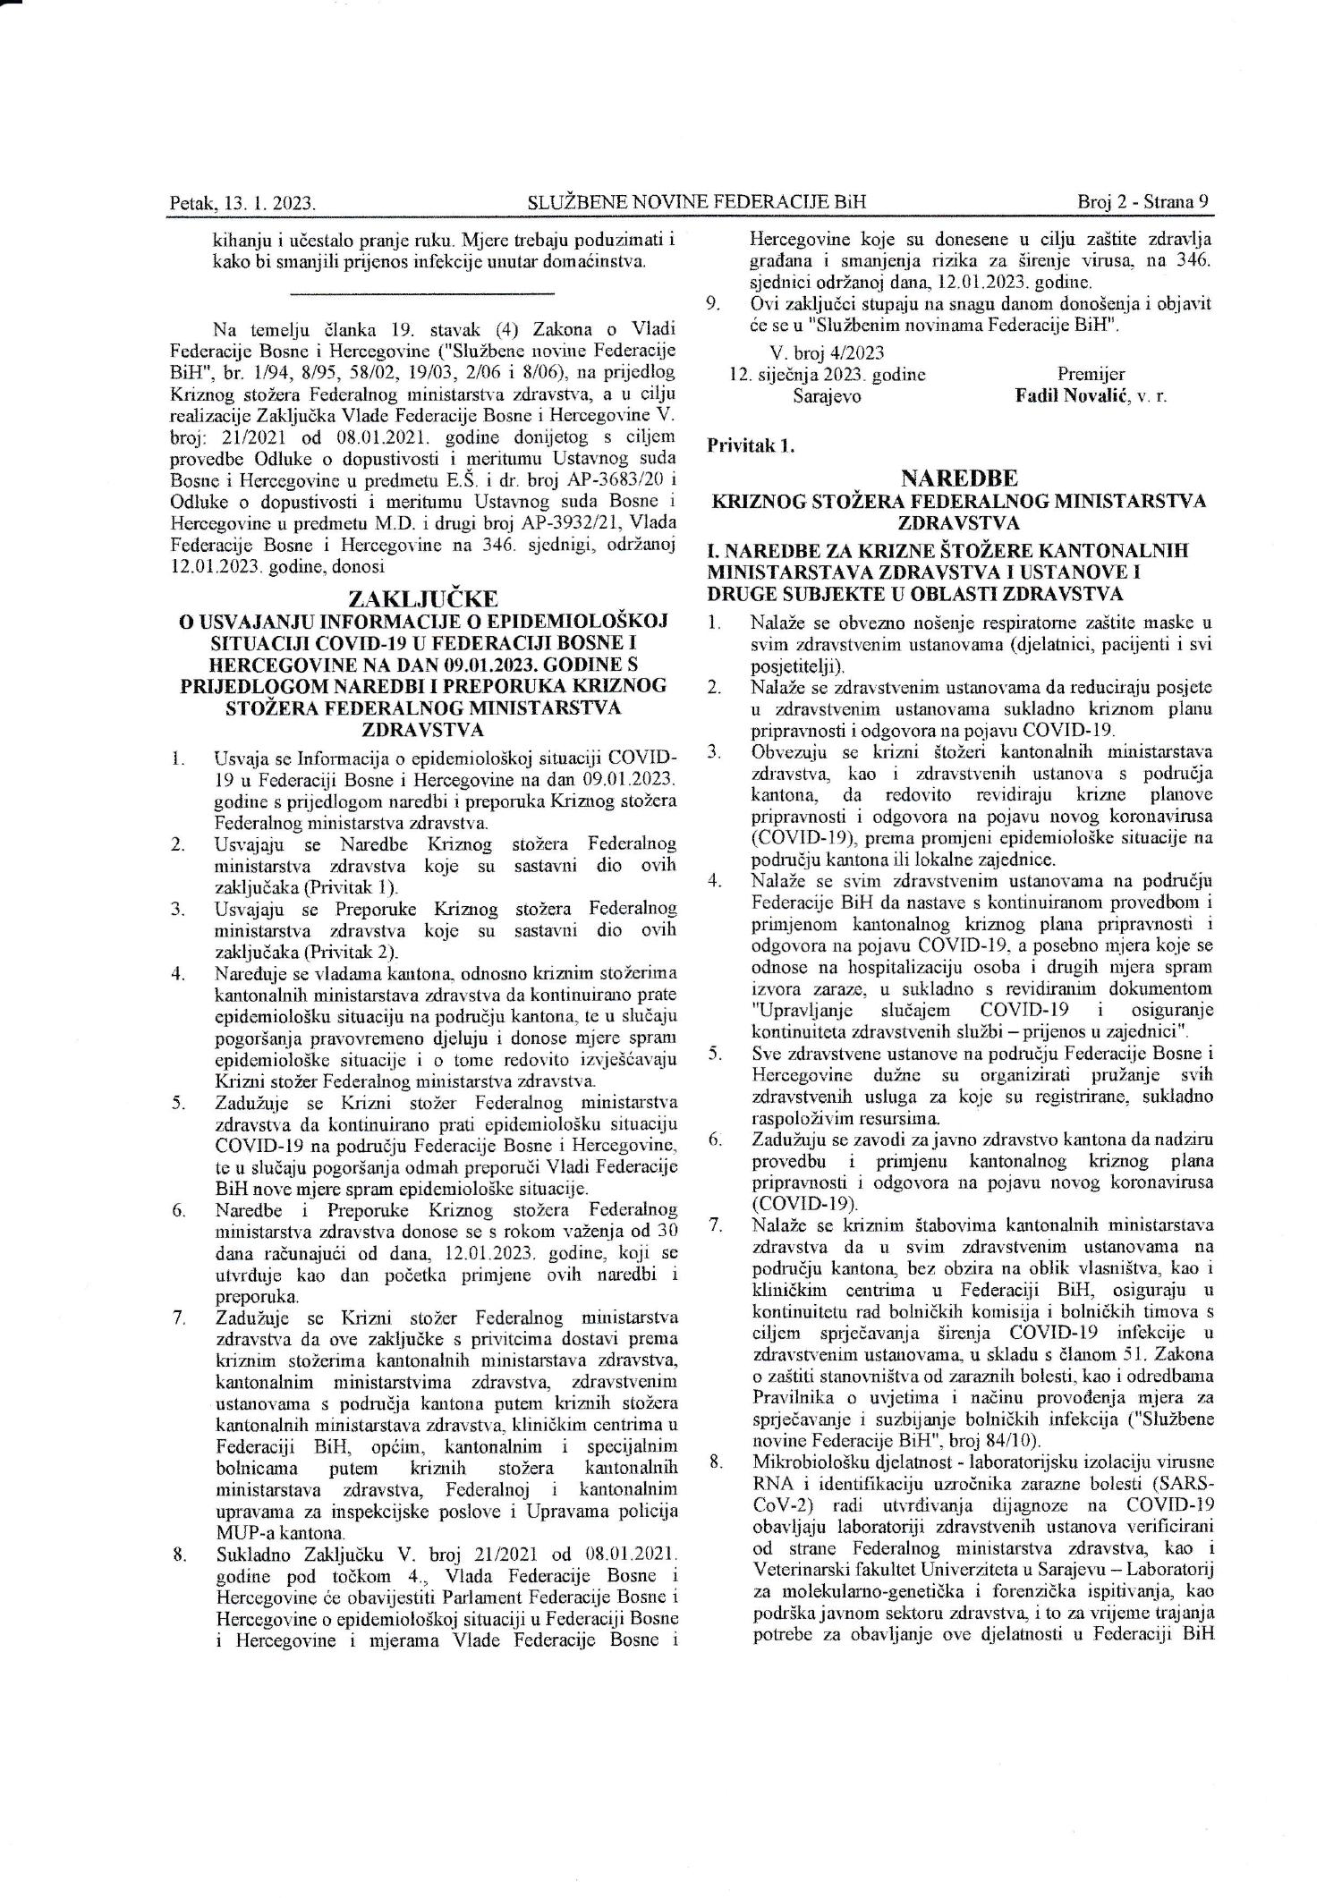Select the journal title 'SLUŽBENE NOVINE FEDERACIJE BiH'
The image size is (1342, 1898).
(697, 202)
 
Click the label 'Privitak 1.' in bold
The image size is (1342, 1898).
(751, 445)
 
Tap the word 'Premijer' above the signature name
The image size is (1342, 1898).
(1091, 374)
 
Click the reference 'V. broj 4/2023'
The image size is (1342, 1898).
(827, 353)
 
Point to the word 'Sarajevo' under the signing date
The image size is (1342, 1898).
(827, 395)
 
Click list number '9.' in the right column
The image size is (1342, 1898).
(713, 304)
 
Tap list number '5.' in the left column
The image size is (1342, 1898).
(179, 1101)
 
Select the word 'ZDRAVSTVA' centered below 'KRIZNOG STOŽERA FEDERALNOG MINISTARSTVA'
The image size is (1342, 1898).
(958, 521)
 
